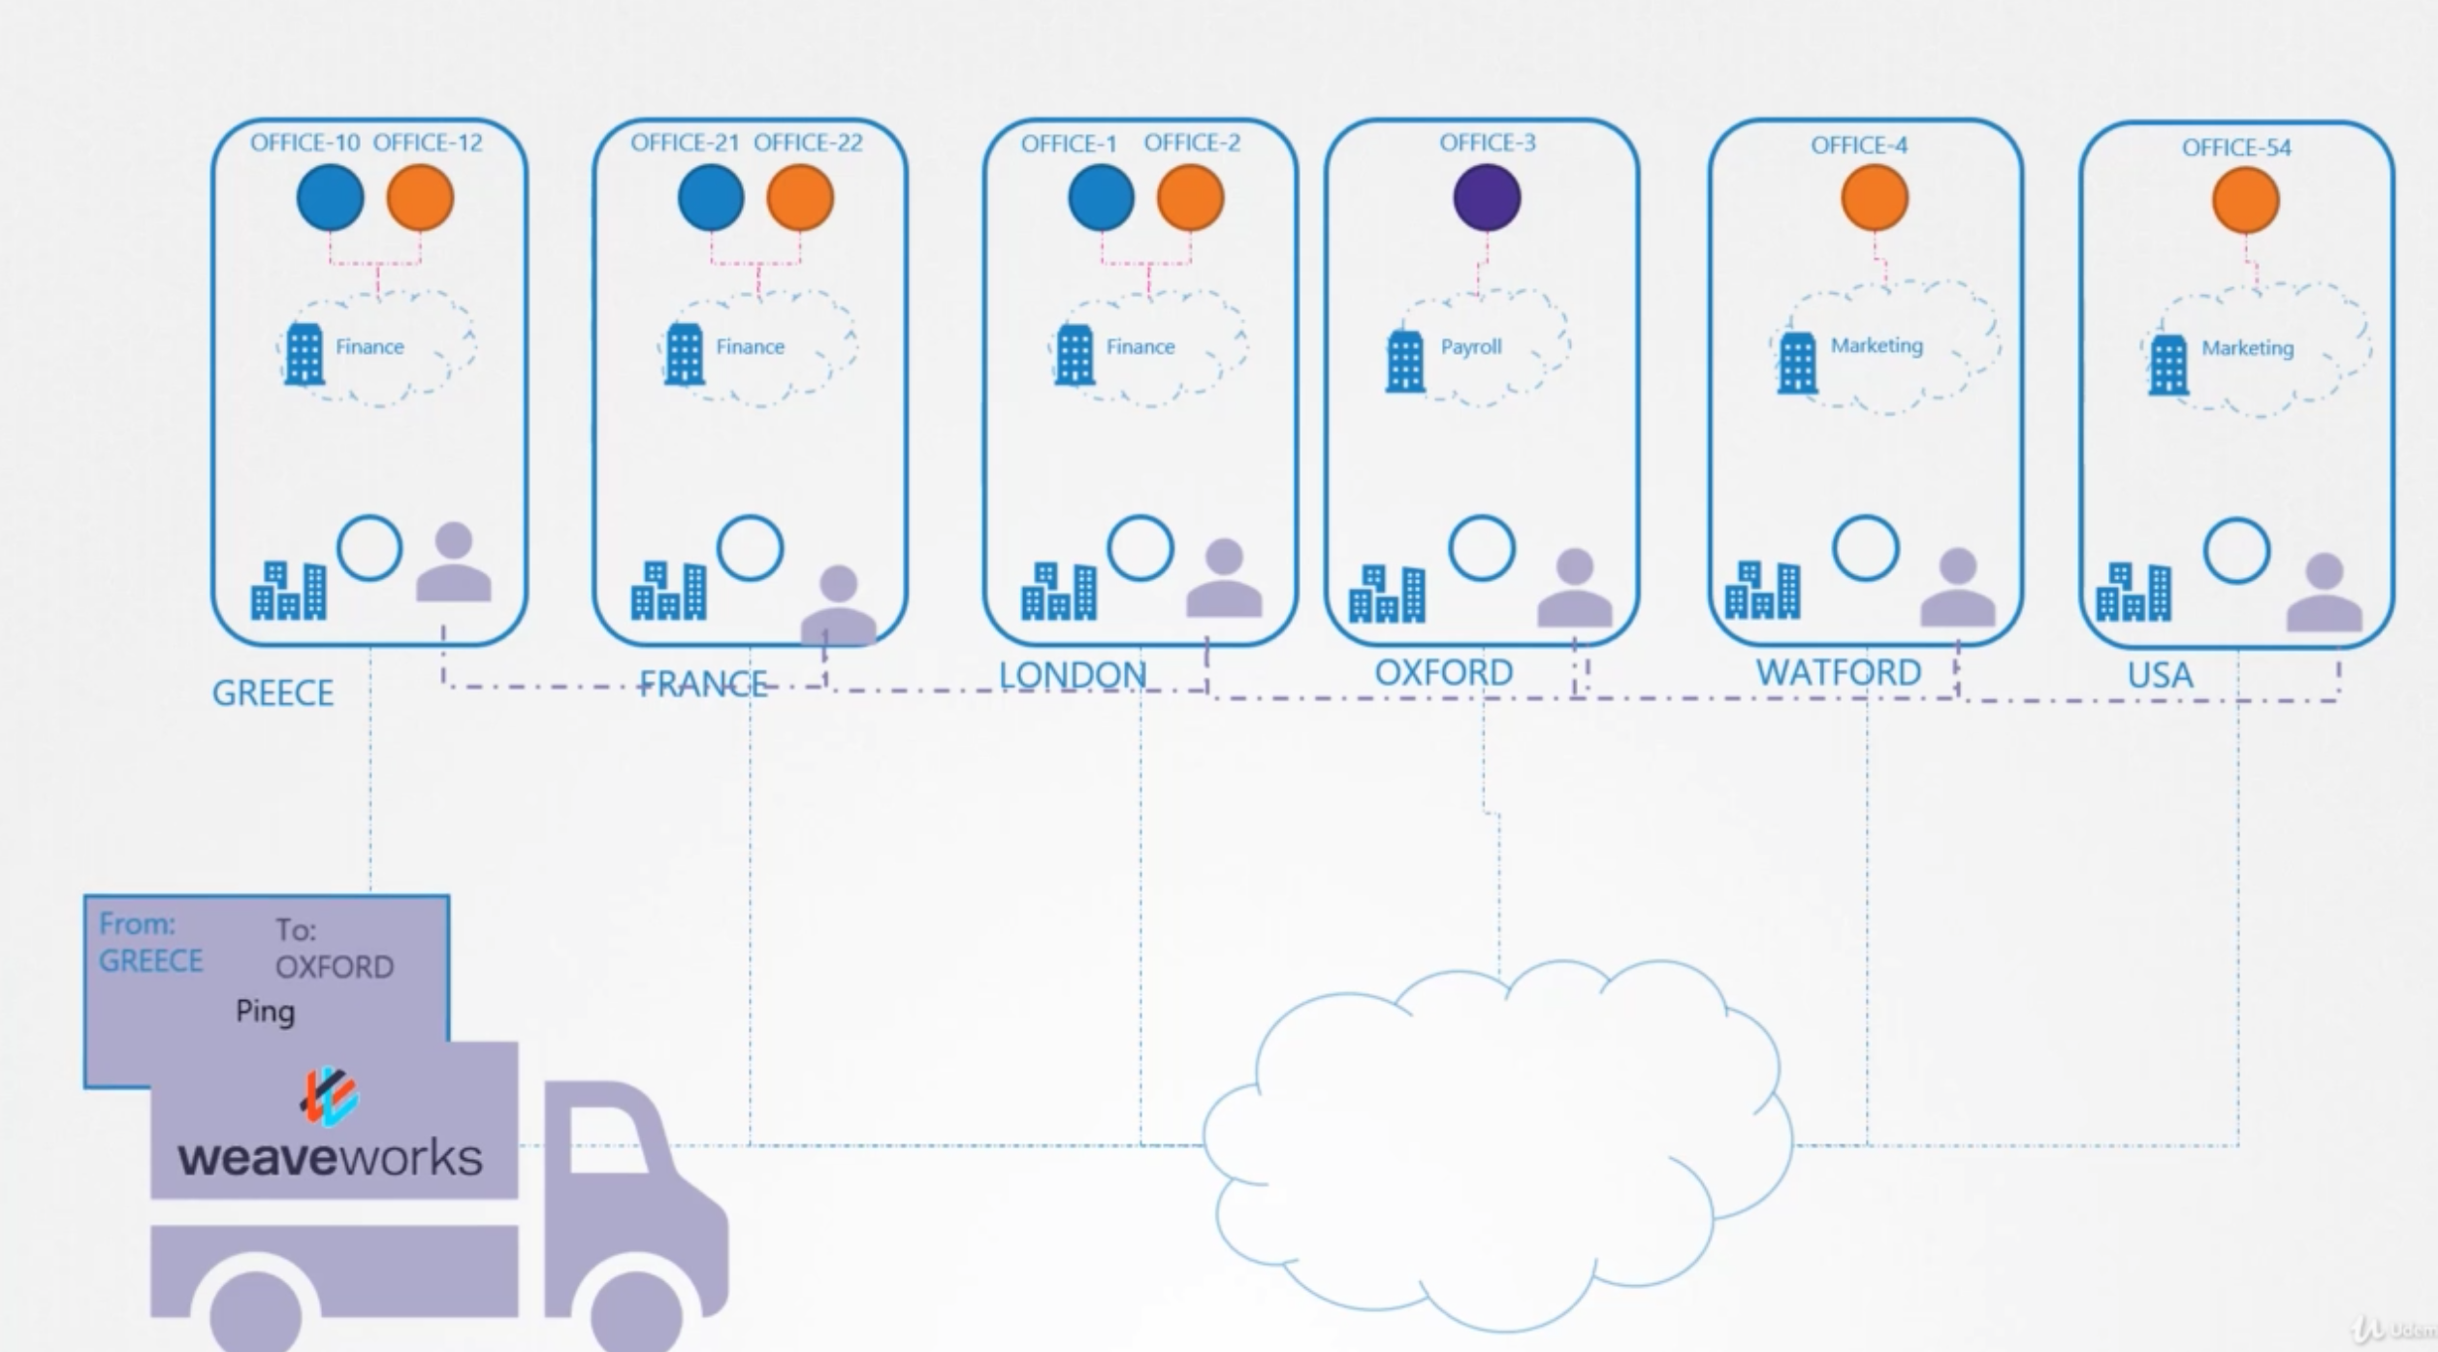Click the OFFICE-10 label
pyautogui.click(x=305, y=143)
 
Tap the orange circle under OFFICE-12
pyautogui.click(x=420, y=198)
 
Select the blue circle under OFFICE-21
pyautogui.click(x=711, y=198)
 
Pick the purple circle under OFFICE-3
pyautogui.click(x=1487, y=198)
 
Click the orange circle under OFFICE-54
pyautogui.click(x=2245, y=201)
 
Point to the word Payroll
pyautogui.click(x=1470, y=346)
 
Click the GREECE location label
pyautogui.click(x=273, y=692)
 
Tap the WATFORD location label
pyautogui.click(x=1838, y=672)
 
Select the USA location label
pyautogui.click(x=2160, y=675)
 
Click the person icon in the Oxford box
pyautogui.click(x=1575, y=588)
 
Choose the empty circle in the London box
pyautogui.click(x=1139, y=548)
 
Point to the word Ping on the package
pyautogui.click(x=265, y=1012)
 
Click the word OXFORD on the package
pyautogui.click(x=335, y=967)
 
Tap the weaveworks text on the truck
pyautogui.click(x=330, y=1157)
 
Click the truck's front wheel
pyautogui.click(x=636, y=1309)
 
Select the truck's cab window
pyautogui.click(x=606, y=1139)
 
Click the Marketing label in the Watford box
pyautogui.click(x=1876, y=345)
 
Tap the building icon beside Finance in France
pyautogui.click(x=684, y=353)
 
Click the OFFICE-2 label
pyautogui.click(x=1191, y=143)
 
